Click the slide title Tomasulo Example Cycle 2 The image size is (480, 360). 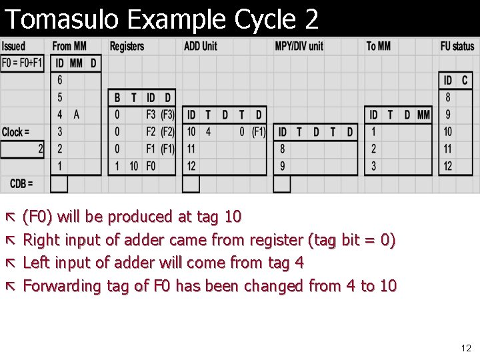click(161, 19)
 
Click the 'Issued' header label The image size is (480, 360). click(13, 46)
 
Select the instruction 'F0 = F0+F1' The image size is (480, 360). click(22, 63)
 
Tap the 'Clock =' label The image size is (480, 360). click(15, 132)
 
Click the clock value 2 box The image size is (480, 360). click(23, 149)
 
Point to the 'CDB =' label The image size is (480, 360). click(21, 183)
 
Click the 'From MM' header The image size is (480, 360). click(69, 46)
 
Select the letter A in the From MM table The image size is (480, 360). click(77, 115)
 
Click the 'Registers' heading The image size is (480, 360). click(127, 46)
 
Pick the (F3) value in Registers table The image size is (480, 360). click(167, 115)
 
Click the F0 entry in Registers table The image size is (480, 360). click(151, 165)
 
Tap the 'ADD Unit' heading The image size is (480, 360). click(201, 46)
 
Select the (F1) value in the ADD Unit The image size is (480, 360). click(259, 132)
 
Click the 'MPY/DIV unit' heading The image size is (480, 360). click(299, 46)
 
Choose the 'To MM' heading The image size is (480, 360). click(379, 46)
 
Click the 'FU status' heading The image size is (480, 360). click(457, 46)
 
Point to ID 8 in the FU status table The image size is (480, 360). click(448, 97)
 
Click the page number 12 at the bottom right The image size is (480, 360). click(466, 348)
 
